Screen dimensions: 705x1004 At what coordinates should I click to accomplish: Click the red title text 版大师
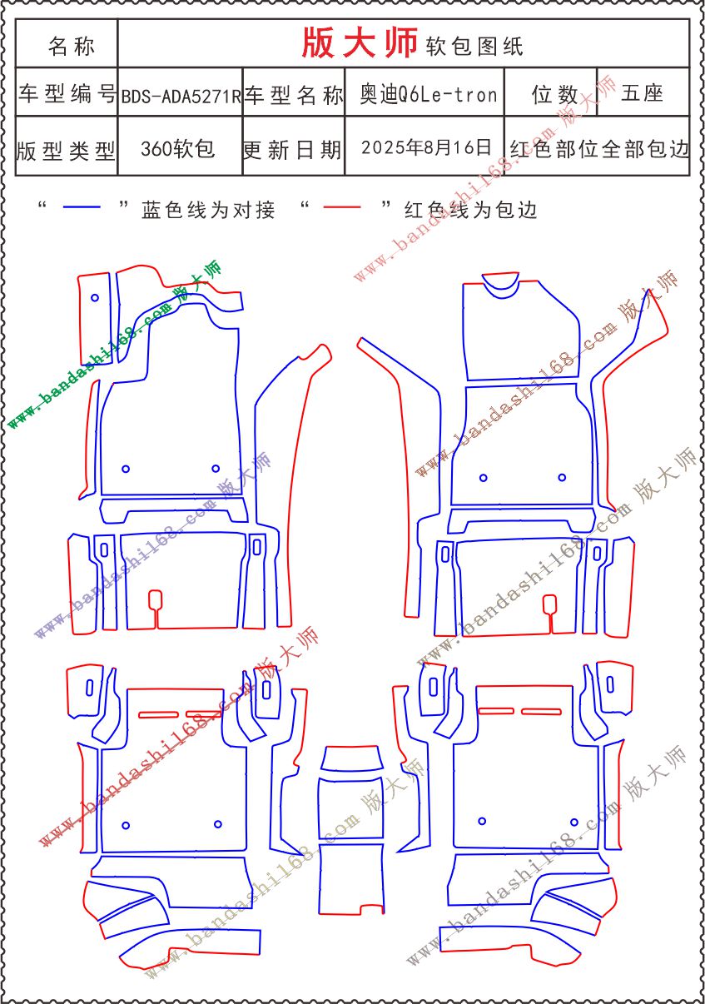(x=360, y=42)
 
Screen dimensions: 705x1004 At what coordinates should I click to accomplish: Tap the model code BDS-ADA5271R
(x=181, y=96)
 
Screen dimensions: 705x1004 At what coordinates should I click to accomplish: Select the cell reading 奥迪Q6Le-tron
(x=429, y=95)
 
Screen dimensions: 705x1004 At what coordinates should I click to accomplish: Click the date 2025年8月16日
(x=426, y=147)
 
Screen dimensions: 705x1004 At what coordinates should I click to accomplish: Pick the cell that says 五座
(x=642, y=93)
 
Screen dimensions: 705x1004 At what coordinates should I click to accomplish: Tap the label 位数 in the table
(x=555, y=94)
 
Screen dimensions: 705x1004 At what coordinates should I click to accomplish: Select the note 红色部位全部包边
(x=599, y=149)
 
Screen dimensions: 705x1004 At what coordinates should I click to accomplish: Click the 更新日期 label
(x=292, y=149)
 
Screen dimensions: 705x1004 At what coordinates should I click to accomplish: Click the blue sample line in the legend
(x=82, y=206)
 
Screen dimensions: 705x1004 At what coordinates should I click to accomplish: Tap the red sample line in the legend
(x=342, y=206)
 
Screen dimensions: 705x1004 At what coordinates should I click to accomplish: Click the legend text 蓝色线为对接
(x=208, y=210)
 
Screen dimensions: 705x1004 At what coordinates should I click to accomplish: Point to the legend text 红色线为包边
(x=470, y=210)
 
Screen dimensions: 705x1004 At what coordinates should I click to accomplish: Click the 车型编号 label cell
(x=67, y=93)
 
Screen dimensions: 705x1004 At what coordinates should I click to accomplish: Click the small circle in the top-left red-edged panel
(x=95, y=297)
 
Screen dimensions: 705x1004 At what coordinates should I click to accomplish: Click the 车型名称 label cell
(x=294, y=94)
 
